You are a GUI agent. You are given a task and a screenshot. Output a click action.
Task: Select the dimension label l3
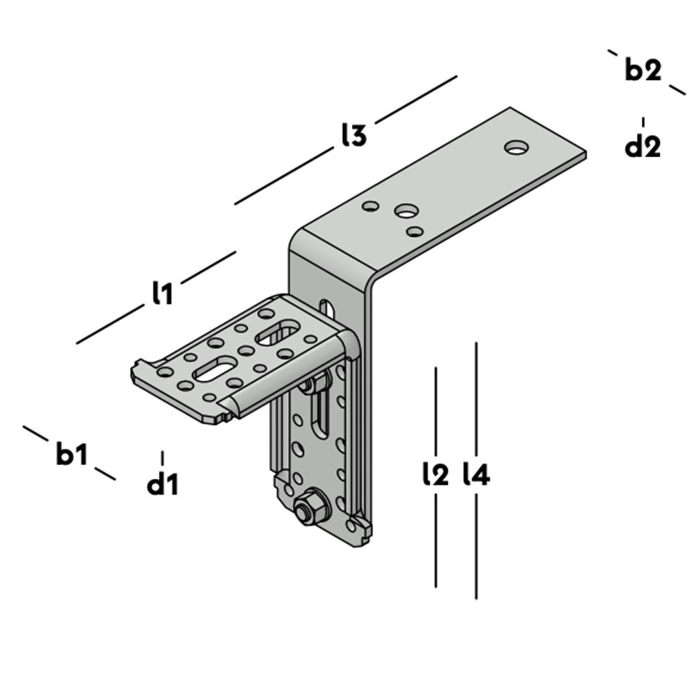tap(353, 136)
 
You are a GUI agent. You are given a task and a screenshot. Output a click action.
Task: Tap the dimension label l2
tap(435, 474)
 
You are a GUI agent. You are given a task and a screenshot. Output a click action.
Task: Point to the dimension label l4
tap(477, 474)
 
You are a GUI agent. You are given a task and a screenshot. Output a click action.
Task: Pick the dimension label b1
tap(72, 455)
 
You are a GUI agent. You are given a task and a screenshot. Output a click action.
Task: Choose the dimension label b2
tap(643, 70)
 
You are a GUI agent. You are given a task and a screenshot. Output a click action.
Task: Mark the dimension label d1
tap(163, 485)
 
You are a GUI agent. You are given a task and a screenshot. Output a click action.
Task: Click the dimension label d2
tap(642, 146)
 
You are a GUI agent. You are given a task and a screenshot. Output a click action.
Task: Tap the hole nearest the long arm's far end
tap(516, 147)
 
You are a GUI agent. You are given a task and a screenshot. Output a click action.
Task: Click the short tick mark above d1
tap(163, 458)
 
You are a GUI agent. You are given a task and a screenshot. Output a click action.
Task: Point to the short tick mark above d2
tap(643, 121)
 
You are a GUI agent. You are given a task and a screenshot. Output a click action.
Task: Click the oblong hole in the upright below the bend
tap(327, 306)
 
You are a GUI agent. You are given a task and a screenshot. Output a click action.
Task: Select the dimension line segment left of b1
tap(34, 434)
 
